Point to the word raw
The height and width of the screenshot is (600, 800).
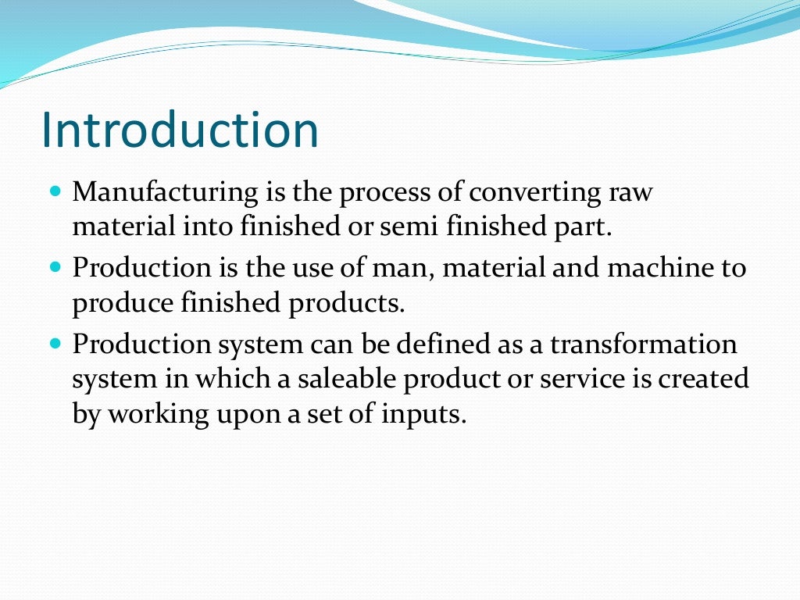[630, 192]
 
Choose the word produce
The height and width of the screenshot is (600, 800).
[118, 304]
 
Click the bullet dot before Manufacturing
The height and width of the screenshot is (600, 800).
[55, 191]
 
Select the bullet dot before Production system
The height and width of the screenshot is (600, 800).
[55, 342]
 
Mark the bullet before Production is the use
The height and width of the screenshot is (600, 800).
[55, 266]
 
